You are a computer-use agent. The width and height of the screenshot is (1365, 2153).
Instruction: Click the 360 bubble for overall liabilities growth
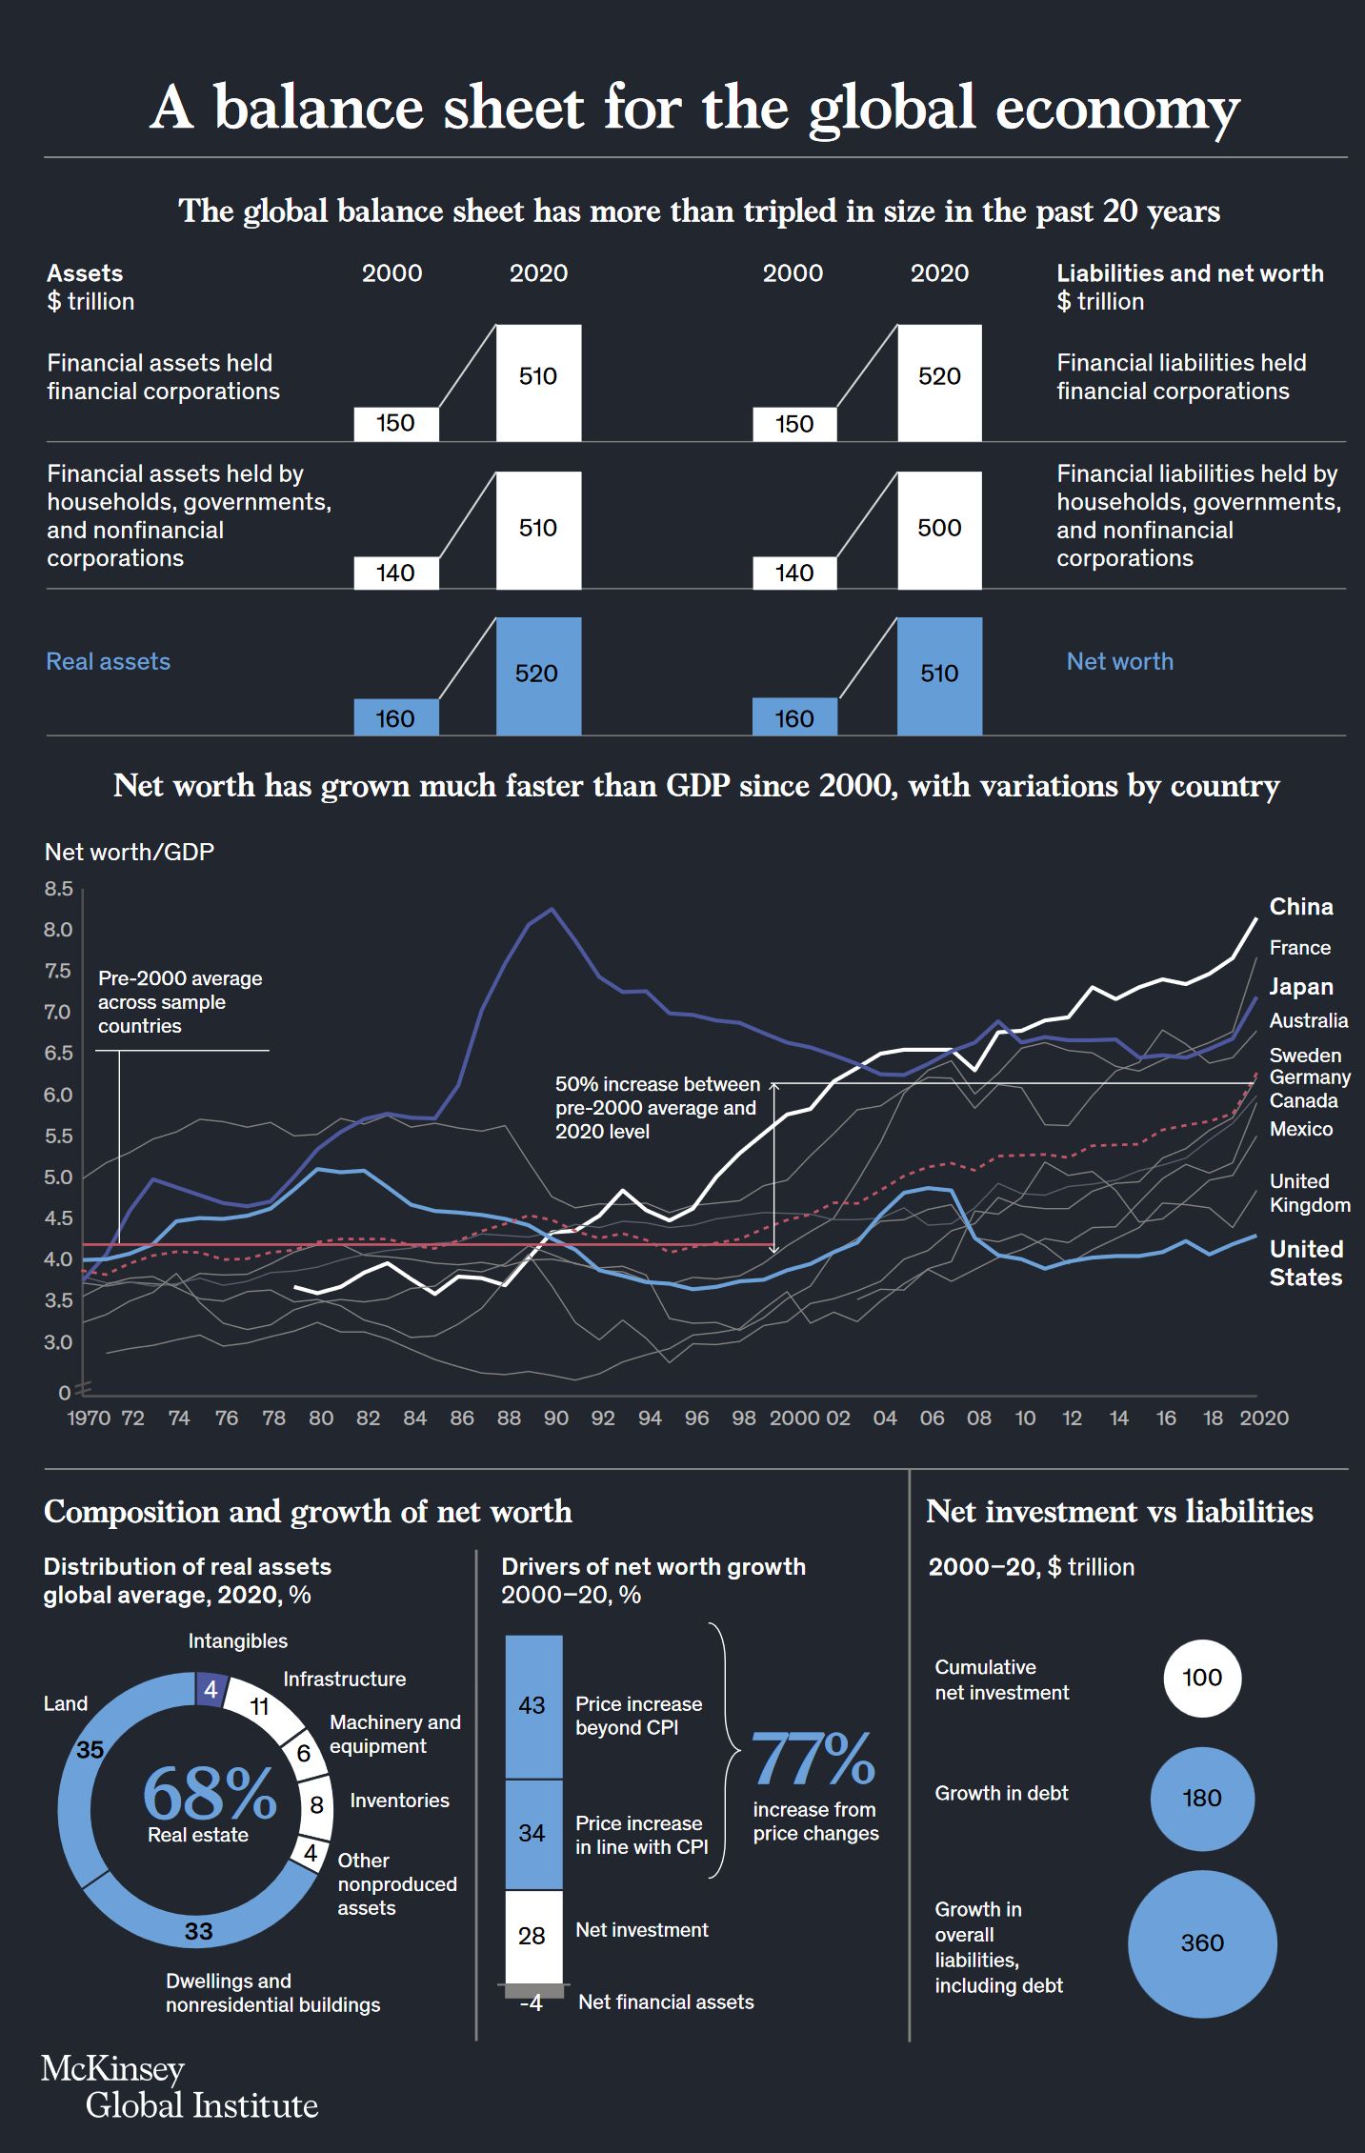[x=1202, y=1943]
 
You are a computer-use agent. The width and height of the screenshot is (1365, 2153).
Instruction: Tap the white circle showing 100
[x=1202, y=1678]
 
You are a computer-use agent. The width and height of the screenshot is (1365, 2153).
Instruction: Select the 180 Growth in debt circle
[x=1202, y=1799]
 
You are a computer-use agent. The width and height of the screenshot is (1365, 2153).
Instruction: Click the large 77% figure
[x=813, y=1759]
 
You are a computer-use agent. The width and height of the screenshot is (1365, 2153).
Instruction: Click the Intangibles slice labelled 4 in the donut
[x=211, y=1690]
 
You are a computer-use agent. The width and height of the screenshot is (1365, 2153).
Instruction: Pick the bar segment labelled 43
[x=533, y=1706]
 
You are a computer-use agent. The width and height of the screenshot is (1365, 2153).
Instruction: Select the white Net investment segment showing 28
[x=533, y=1936]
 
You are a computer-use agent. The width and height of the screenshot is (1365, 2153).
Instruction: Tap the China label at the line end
[x=1301, y=907]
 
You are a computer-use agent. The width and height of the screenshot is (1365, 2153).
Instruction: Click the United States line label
[x=1306, y=1263]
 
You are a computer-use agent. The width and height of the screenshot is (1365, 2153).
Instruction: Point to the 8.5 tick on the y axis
[x=58, y=889]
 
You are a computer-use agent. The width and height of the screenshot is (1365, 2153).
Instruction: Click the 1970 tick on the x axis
[x=89, y=1419]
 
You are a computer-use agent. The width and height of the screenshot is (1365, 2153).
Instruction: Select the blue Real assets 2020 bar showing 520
[x=538, y=675]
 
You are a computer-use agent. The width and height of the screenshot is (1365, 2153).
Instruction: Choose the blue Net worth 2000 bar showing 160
[x=794, y=717]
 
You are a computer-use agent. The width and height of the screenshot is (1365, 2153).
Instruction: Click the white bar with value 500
[x=939, y=530]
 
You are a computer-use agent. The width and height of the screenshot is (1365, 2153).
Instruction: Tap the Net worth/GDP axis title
[x=130, y=852]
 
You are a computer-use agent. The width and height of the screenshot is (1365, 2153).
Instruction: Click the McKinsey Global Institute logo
[x=179, y=2087]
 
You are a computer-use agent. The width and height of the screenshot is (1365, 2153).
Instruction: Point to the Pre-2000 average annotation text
[x=180, y=1002]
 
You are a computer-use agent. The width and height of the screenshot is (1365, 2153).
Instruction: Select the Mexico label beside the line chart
[x=1301, y=1129]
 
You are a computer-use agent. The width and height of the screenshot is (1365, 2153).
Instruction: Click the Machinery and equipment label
[x=394, y=1734]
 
